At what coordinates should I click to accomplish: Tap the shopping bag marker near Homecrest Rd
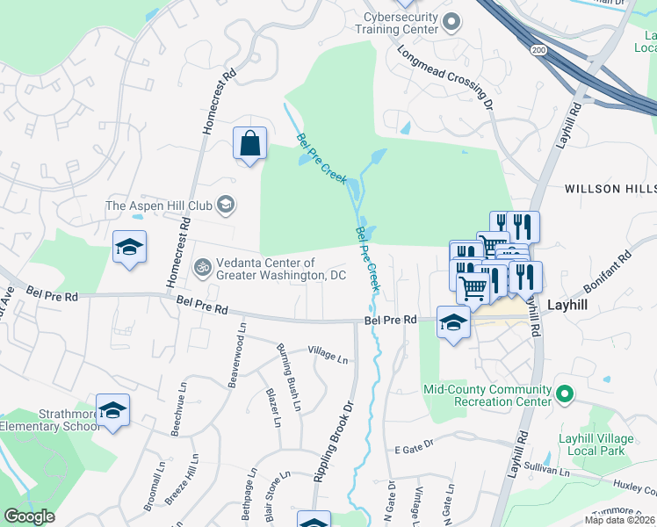(249, 143)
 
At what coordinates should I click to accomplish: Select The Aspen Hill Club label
(159, 206)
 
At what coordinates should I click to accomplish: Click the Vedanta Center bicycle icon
(203, 265)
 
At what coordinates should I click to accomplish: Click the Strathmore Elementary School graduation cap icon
(112, 409)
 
